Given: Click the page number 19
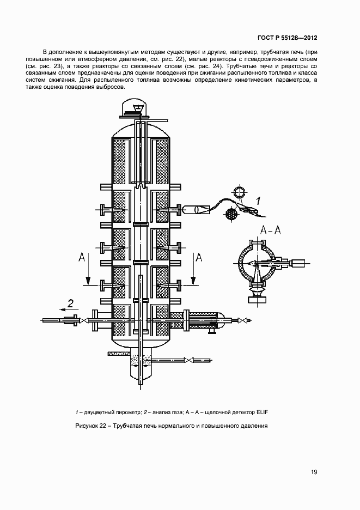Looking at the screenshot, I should pos(314,472).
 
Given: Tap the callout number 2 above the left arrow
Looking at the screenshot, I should pos(70,303).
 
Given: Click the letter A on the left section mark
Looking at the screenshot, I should pos(82,257).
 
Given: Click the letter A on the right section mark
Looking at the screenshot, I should pos(199,257).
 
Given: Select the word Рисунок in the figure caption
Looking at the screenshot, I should pos(87,426).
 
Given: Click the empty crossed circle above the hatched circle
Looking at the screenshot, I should pos(240,193).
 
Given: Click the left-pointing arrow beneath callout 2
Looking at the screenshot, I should pos(69,313).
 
